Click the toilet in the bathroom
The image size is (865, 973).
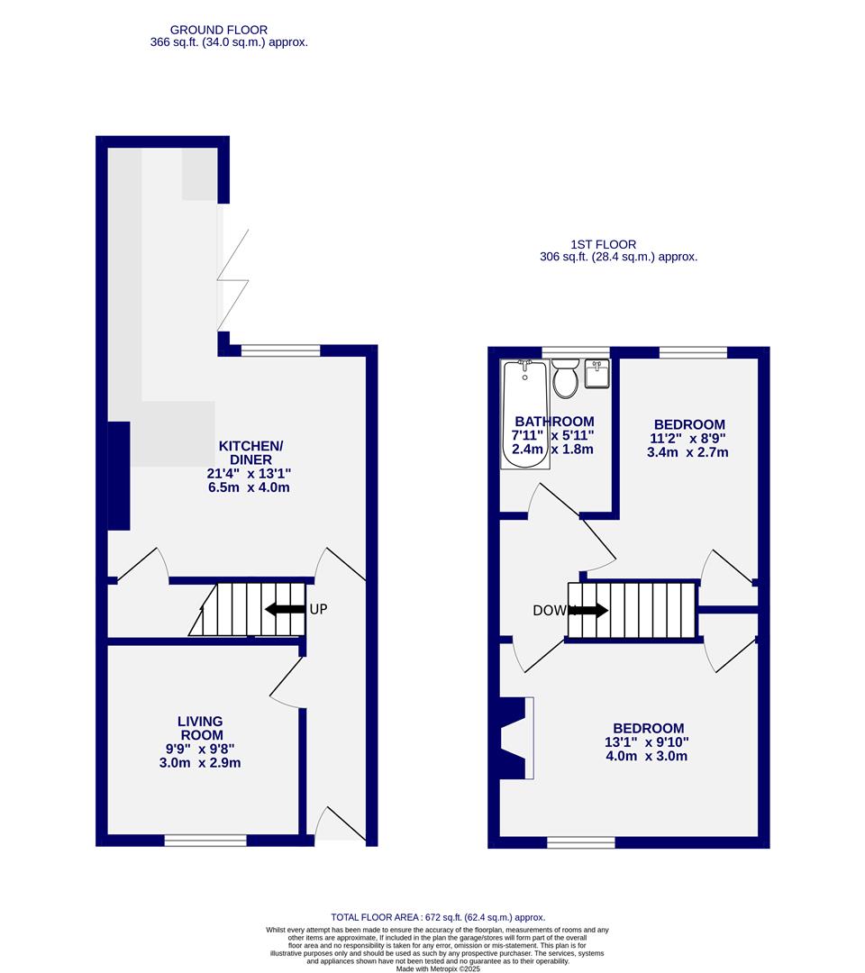[x=566, y=379]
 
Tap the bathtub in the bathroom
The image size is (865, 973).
[x=524, y=414]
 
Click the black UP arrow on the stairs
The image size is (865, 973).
[x=285, y=609]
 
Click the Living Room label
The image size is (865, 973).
[x=200, y=728]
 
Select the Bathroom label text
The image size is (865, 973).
[x=554, y=422]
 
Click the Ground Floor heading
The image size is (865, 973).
[x=218, y=30]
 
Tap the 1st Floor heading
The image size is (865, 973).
[x=603, y=244]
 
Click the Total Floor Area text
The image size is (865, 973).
[x=438, y=917]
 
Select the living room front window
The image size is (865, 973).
[x=205, y=841]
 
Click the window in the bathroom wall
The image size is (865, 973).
[x=575, y=351]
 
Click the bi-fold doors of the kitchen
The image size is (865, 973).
[x=232, y=280]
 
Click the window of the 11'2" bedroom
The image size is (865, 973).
[x=693, y=352]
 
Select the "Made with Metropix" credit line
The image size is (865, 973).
[x=438, y=968]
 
